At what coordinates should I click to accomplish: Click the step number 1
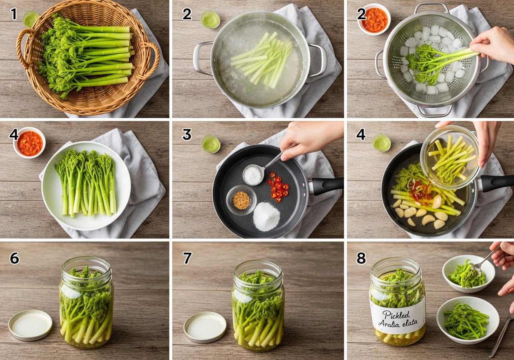coord(14,14)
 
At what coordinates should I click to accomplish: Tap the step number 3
coord(187,134)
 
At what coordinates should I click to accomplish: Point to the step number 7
coord(187,258)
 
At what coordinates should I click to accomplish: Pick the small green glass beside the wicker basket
coord(31,19)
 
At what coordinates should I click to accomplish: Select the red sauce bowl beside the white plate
coord(29,143)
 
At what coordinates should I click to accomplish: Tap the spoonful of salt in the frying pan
coord(253,175)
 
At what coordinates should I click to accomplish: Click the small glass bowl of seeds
coord(241,200)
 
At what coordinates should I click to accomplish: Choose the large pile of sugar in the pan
coord(267,216)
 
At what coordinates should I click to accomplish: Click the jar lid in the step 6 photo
coord(30,325)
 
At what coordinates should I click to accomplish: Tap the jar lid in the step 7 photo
coord(205,327)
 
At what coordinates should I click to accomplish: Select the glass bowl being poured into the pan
coord(450,157)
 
